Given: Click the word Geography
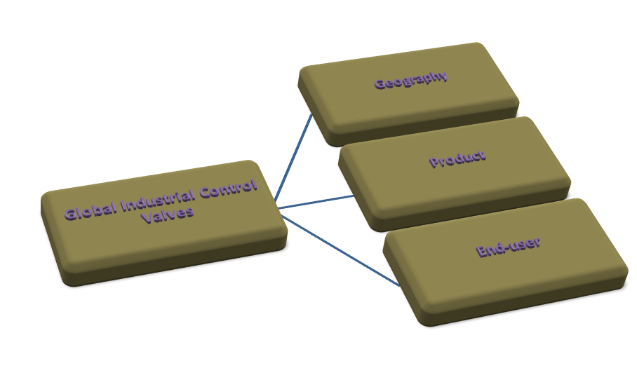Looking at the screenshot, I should pyautogui.click(x=411, y=80).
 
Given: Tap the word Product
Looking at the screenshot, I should pyautogui.click(x=457, y=159).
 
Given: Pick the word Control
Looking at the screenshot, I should pyautogui.click(x=228, y=189).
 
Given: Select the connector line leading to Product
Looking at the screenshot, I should pyautogui.click(x=316, y=202).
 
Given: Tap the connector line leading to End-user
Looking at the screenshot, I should pyautogui.click(x=344, y=248).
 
